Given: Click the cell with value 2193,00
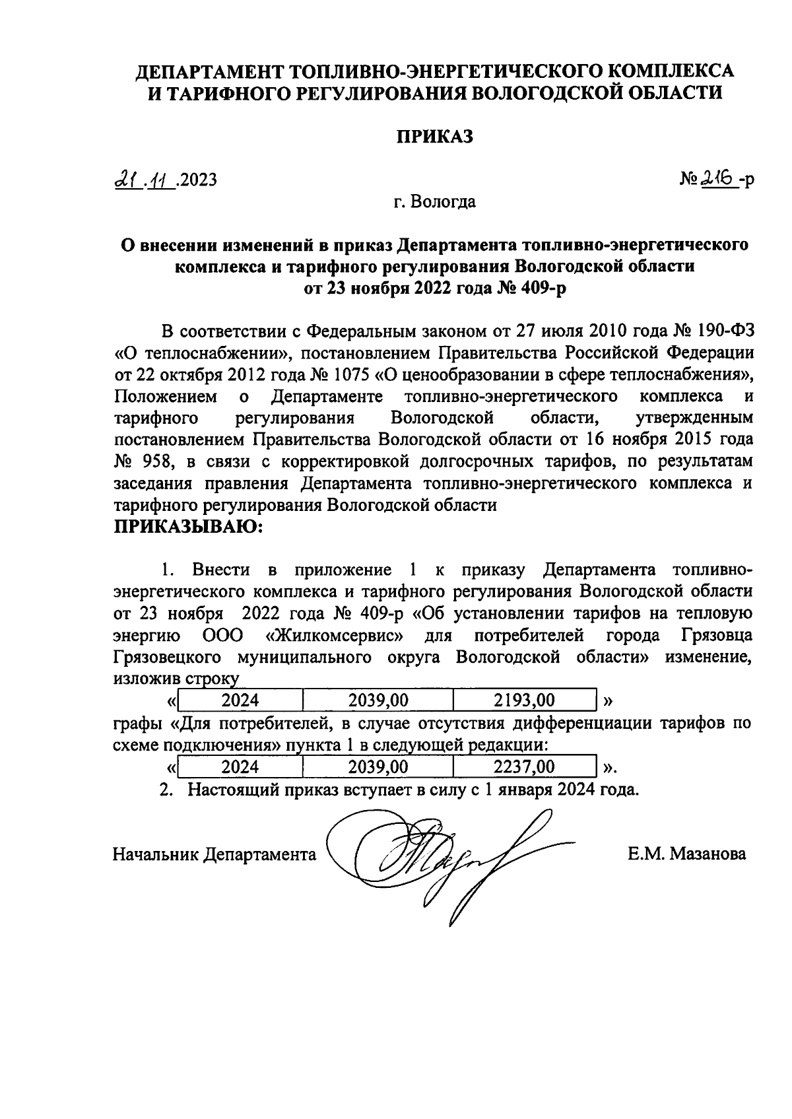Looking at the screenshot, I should [x=523, y=700].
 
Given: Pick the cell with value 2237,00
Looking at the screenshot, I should [x=523, y=766].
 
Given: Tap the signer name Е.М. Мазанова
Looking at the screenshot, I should [x=686, y=854].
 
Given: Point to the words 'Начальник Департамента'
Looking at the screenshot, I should [x=214, y=854].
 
